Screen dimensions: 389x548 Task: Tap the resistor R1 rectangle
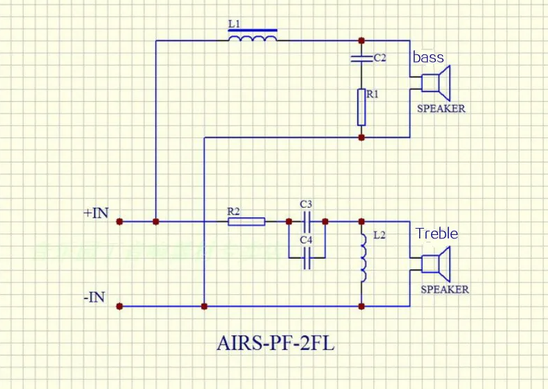click(361, 107)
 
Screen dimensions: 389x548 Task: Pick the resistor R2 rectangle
click(246, 222)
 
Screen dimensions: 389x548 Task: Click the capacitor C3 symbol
click(306, 221)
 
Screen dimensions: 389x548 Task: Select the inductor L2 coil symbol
click(362, 259)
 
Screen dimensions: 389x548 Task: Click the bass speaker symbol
click(438, 83)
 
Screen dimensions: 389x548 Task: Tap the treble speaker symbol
click(437, 264)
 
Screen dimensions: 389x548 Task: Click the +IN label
click(95, 213)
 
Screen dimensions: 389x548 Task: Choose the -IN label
click(95, 298)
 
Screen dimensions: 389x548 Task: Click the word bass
click(428, 57)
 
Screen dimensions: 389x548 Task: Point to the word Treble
click(437, 234)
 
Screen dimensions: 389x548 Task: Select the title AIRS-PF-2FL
click(276, 344)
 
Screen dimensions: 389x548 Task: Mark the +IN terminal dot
click(120, 222)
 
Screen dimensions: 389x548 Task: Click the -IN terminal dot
click(120, 306)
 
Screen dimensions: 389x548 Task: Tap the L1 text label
click(235, 24)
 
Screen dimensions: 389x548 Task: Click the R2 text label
click(233, 211)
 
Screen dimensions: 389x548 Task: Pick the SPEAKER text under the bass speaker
click(441, 109)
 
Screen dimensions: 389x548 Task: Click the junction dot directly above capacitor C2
click(361, 40)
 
